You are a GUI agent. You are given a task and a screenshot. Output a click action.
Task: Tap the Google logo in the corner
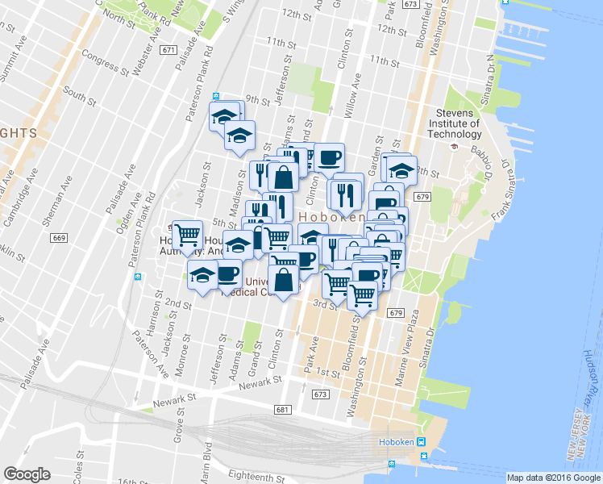click(27, 474)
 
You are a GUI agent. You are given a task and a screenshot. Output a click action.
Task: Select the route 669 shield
click(58, 237)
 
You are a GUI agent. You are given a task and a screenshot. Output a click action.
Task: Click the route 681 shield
click(281, 410)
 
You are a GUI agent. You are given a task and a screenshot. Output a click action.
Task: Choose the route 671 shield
click(168, 50)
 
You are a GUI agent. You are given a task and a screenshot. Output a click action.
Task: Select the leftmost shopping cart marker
click(187, 235)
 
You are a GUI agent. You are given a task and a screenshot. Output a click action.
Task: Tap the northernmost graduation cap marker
click(226, 115)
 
